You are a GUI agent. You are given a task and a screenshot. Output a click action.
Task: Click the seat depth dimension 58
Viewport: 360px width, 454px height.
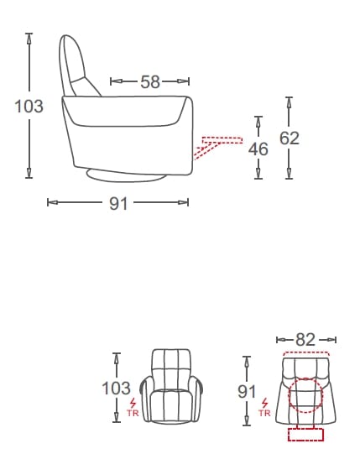(150, 82)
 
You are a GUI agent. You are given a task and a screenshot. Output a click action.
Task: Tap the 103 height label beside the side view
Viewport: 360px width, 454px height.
(29, 106)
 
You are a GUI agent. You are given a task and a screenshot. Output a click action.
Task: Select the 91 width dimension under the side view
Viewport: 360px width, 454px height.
(118, 204)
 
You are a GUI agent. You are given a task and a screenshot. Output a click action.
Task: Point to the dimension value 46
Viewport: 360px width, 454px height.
(258, 149)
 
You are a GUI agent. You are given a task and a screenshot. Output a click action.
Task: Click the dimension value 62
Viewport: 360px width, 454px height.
(290, 138)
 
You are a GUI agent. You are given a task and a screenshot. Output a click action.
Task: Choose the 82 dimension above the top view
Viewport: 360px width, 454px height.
(305, 339)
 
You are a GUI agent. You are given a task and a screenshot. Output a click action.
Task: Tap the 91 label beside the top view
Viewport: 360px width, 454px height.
(247, 391)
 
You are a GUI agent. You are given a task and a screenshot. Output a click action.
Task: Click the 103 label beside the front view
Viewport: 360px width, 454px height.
(116, 388)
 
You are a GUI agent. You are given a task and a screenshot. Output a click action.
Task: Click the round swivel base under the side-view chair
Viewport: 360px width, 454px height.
(126, 176)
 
